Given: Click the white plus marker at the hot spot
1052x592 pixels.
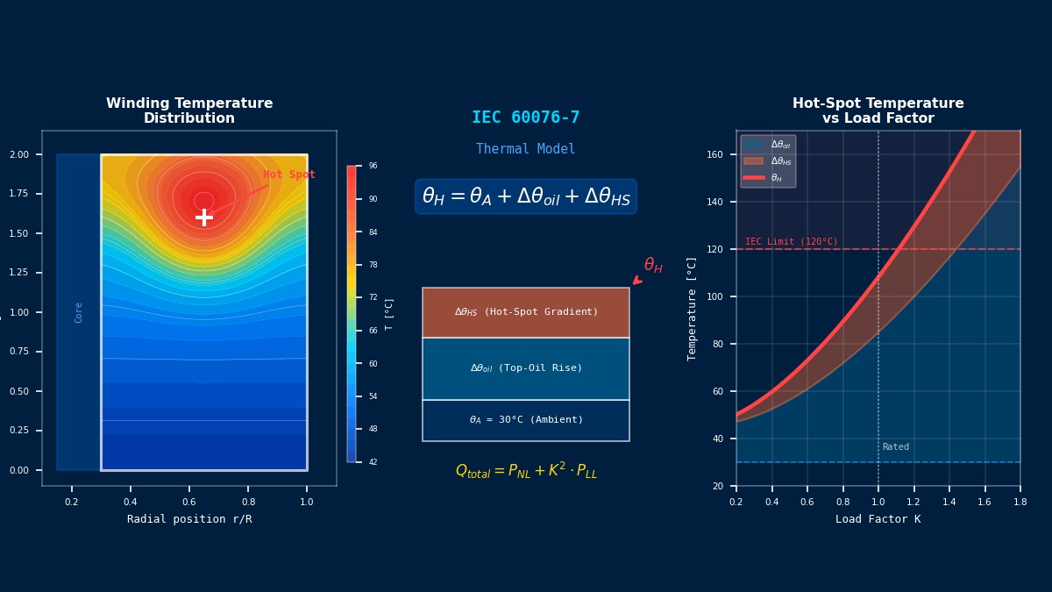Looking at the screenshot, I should click(x=204, y=217).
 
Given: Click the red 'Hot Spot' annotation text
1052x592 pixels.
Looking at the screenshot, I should click(x=288, y=175).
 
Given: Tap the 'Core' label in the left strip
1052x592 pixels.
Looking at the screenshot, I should click(x=79, y=312).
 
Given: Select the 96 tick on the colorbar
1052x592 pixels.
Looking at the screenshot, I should click(x=373, y=166).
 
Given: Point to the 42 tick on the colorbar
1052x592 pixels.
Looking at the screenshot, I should click(x=373, y=461).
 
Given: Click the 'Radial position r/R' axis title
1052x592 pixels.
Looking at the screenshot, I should click(x=189, y=519).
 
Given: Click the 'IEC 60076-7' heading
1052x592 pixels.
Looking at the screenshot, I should click(x=526, y=118).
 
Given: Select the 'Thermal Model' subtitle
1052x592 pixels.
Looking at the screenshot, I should click(x=526, y=149).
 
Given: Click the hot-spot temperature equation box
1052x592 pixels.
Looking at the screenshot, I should click(x=526, y=196).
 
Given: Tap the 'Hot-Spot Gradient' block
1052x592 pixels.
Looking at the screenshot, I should click(x=526, y=312).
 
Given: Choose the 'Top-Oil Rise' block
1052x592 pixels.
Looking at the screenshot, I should click(x=526, y=368).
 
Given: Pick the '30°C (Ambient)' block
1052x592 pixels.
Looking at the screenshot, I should click(x=526, y=420).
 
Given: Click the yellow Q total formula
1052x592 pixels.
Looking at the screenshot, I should click(x=526, y=471).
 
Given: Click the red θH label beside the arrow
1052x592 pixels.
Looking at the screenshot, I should click(x=653, y=265).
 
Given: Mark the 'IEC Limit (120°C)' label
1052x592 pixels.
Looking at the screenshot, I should click(x=792, y=241).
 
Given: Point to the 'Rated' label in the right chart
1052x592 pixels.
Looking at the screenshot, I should click(x=896, y=447).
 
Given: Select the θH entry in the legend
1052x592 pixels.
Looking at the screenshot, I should click(x=776, y=178).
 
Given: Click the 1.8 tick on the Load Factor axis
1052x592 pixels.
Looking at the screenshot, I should click(x=1020, y=503).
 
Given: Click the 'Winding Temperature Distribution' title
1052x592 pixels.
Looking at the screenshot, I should click(x=189, y=111).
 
